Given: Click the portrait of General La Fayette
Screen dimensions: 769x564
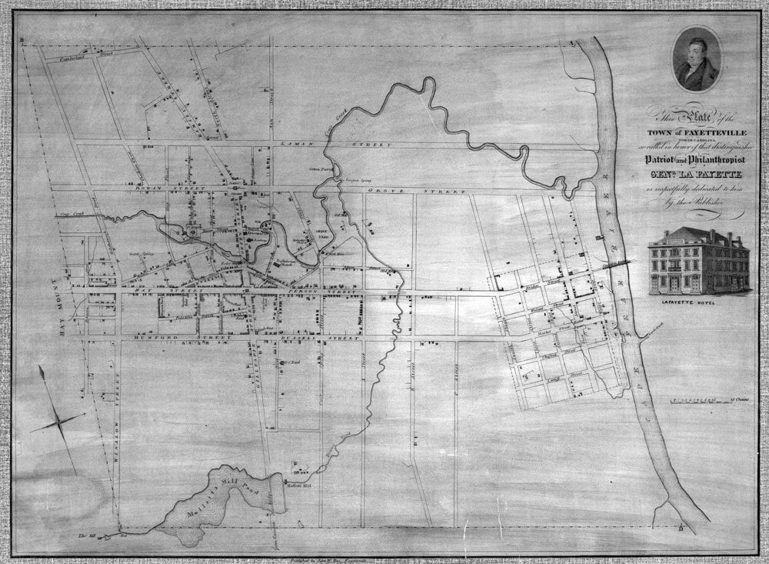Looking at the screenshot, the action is click(697, 59).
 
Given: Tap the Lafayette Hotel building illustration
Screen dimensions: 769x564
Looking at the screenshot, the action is click(698, 262).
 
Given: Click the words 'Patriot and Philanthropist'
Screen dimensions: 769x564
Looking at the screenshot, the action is click(692, 160).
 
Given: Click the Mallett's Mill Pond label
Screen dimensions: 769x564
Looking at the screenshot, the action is click(224, 498).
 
